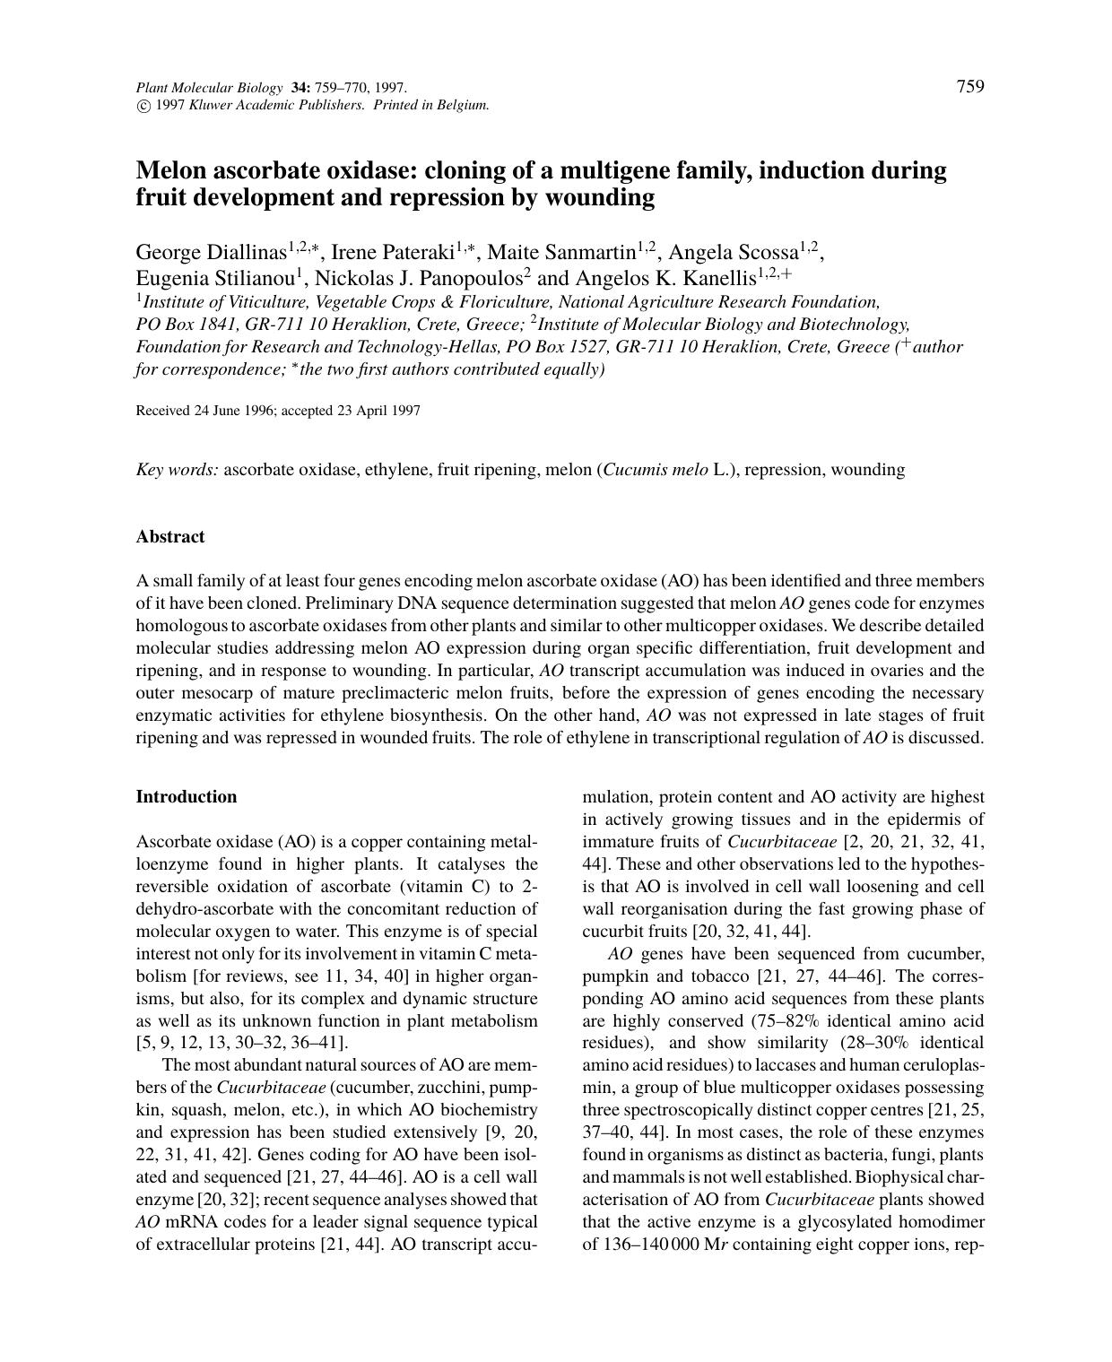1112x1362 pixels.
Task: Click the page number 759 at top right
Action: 970,86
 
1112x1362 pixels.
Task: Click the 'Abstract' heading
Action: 170,537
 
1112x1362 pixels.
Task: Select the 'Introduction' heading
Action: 187,797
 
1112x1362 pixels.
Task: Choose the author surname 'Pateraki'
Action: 418,252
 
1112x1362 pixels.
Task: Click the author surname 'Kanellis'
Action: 719,277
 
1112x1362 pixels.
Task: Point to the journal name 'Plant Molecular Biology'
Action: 208,88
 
